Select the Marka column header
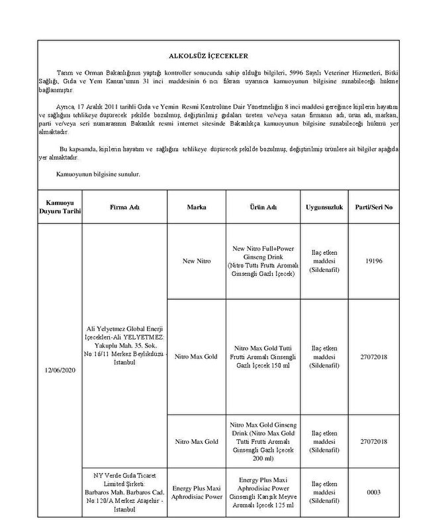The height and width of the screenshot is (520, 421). (197, 207)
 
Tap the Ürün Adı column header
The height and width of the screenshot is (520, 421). (263, 207)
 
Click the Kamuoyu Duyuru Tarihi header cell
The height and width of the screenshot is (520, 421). (59, 207)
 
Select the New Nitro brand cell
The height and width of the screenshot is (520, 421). (197, 261)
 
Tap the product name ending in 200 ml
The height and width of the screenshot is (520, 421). (263, 441)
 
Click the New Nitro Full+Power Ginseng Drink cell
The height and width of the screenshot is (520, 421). (263, 261)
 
